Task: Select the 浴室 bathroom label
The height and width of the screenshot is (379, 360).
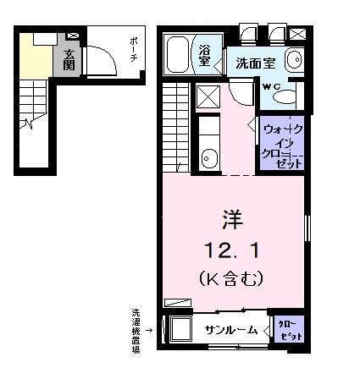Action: tap(205, 55)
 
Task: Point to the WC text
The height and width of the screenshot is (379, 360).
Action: tap(271, 85)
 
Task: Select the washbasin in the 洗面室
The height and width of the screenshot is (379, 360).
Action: tap(293, 60)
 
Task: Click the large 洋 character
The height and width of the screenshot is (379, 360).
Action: tap(232, 221)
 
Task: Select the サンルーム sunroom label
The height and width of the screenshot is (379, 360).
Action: tap(230, 331)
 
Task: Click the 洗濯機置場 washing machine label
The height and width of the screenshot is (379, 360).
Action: tap(136, 329)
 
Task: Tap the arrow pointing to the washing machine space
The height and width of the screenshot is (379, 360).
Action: tap(151, 330)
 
